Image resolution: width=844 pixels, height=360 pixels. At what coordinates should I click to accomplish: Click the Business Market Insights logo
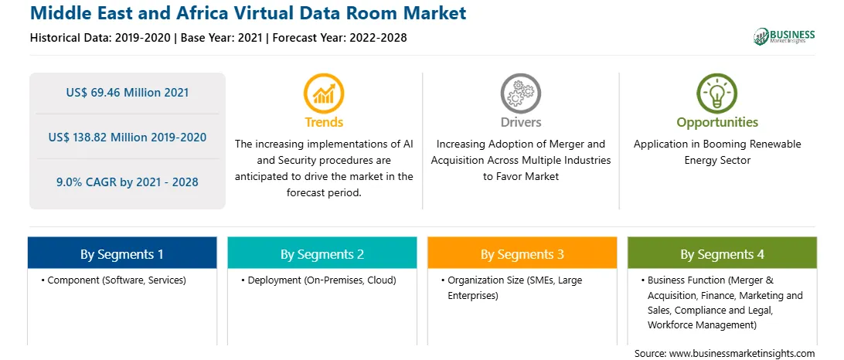(x=784, y=36)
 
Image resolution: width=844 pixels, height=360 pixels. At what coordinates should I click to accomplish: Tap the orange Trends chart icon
(x=324, y=93)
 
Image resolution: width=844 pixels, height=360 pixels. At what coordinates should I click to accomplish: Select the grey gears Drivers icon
(x=520, y=93)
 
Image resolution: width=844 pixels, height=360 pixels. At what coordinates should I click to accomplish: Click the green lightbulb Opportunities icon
(x=717, y=93)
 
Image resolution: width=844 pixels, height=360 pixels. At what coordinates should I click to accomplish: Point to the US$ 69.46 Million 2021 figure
(x=128, y=93)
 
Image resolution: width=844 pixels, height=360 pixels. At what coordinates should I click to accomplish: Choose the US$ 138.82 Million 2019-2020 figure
(x=128, y=138)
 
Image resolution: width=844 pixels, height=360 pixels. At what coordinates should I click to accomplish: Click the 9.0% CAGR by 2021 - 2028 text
(x=128, y=182)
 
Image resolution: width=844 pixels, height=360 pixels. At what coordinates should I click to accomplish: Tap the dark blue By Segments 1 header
(x=122, y=253)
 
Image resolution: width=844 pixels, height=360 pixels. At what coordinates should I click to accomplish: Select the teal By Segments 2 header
(x=322, y=253)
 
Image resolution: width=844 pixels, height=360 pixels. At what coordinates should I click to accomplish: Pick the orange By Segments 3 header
(x=522, y=253)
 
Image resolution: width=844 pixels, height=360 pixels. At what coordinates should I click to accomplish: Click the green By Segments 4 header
(x=723, y=253)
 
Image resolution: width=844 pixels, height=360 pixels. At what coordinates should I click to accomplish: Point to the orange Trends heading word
(x=324, y=122)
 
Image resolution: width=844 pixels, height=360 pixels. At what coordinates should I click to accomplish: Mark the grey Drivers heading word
(x=520, y=122)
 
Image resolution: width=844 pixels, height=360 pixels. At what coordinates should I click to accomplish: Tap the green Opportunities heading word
(x=717, y=122)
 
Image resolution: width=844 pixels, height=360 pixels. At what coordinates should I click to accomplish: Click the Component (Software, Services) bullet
(x=114, y=280)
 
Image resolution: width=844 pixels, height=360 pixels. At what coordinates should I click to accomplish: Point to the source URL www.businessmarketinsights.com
(x=742, y=353)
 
